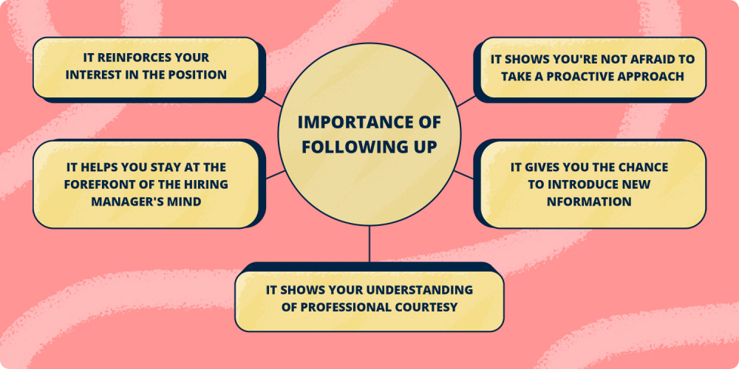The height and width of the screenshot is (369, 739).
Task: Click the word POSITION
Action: (x=197, y=75)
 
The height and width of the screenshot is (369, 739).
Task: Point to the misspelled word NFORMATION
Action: (x=590, y=201)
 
